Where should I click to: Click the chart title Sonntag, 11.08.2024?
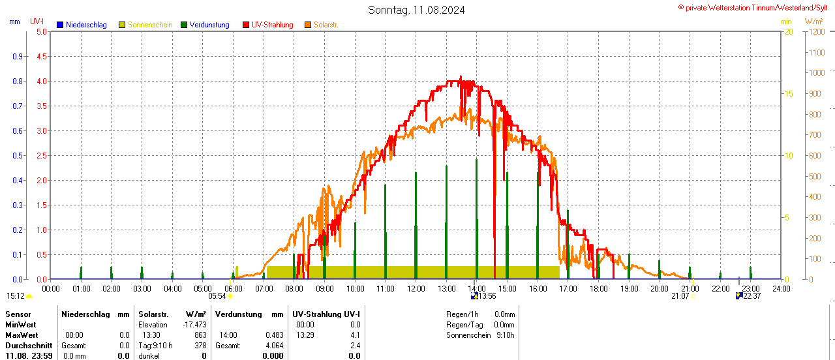(x=417, y=10)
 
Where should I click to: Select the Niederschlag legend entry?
(x=86, y=25)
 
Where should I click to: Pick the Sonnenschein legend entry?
(x=150, y=25)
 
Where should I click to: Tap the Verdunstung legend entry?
(x=209, y=25)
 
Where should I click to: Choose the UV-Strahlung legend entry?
(x=272, y=25)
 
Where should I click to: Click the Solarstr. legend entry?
(x=326, y=25)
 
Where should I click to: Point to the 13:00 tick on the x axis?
(x=446, y=288)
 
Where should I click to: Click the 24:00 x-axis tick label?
(x=781, y=288)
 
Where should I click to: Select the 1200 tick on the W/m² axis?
(x=816, y=32)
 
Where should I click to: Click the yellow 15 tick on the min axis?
(x=789, y=94)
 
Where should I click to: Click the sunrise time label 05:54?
(x=217, y=296)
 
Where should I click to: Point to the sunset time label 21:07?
(x=680, y=296)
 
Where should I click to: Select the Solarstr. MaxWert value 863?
(x=201, y=335)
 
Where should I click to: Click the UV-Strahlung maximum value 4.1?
(x=355, y=335)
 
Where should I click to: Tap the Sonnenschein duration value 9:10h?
(x=505, y=335)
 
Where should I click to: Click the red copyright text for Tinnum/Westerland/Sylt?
(x=756, y=7)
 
